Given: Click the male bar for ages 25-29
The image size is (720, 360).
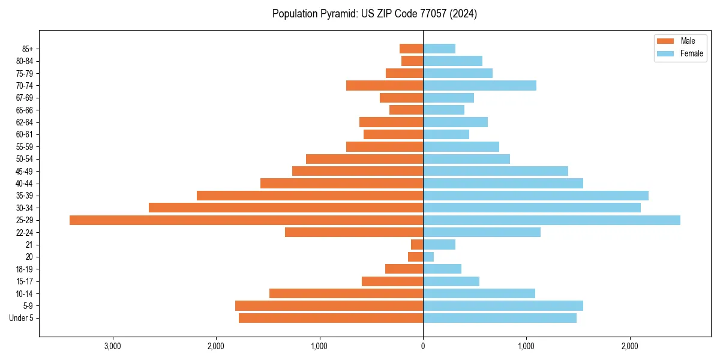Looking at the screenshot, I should click(246, 220).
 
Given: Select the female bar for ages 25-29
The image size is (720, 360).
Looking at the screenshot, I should click(551, 220).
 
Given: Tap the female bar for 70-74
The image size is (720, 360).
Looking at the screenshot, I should click(479, 86).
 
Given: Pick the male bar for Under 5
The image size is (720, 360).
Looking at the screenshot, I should click(331, 318).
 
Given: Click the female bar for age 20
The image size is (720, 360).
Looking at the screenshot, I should click(428, 257).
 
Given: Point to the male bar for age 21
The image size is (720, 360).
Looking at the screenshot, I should click(417, 245).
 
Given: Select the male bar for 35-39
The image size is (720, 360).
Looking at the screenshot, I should click(310, 196).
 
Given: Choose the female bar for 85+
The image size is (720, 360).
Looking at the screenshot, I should click(439, 49).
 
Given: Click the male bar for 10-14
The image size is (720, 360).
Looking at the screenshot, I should click(346, 293).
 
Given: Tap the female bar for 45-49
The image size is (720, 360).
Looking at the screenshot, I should click(496, 171).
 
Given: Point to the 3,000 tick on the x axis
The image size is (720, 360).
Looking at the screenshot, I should click(113, 346).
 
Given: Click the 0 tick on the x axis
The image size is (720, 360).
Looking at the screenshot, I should click(423, 346).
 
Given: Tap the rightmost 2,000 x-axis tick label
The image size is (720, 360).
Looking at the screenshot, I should click(630, 346).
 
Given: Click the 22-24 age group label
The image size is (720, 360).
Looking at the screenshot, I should click(25, 233).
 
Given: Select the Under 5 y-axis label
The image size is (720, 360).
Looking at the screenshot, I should click(21, 318).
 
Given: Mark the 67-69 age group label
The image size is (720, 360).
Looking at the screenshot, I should click(25, 98).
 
